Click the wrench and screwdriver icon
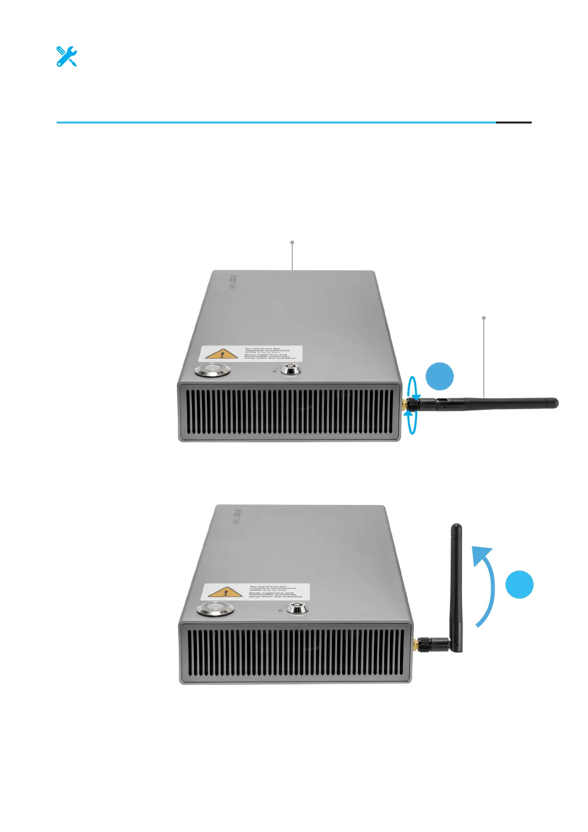[66, 57]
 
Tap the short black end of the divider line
[513, 122]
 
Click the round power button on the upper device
[213, 370]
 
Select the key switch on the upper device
[291, 369]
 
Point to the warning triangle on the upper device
[222, 354]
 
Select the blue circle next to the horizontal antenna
[439, 376]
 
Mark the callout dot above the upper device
[292, 242]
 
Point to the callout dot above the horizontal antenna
[484, 318]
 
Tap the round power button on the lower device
[215, 610]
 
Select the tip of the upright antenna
[457, 528]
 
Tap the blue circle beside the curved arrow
[519, 584]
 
